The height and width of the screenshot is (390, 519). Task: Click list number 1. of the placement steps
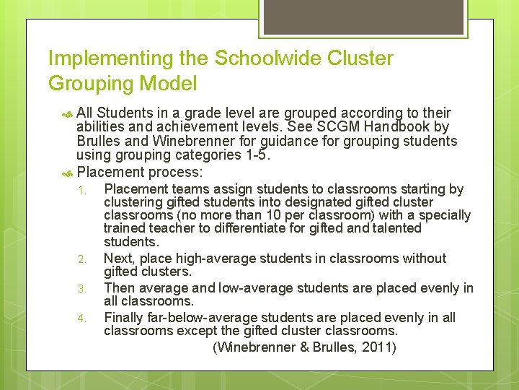click(82, 191)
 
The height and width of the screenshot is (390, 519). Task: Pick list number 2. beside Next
click(82, 259)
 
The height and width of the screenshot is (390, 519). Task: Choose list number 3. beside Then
click(82, 289)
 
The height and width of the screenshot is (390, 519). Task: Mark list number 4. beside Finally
click(82, 318)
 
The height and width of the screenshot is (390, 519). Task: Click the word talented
click(395, 228)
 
